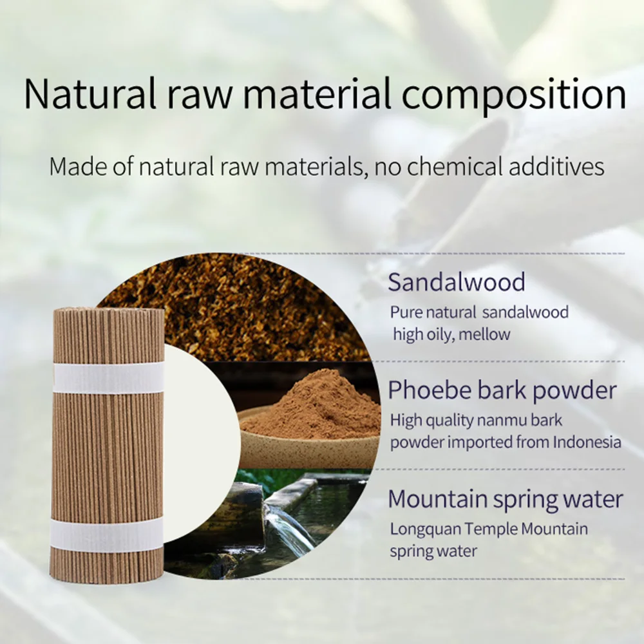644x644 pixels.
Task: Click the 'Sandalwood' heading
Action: pyautogui.click(x=457, y=282)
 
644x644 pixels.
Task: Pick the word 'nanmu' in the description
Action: pyautogui.click(x=505, y=421)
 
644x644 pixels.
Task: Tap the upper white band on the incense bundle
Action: pyautogui.click(x=108, y=377)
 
